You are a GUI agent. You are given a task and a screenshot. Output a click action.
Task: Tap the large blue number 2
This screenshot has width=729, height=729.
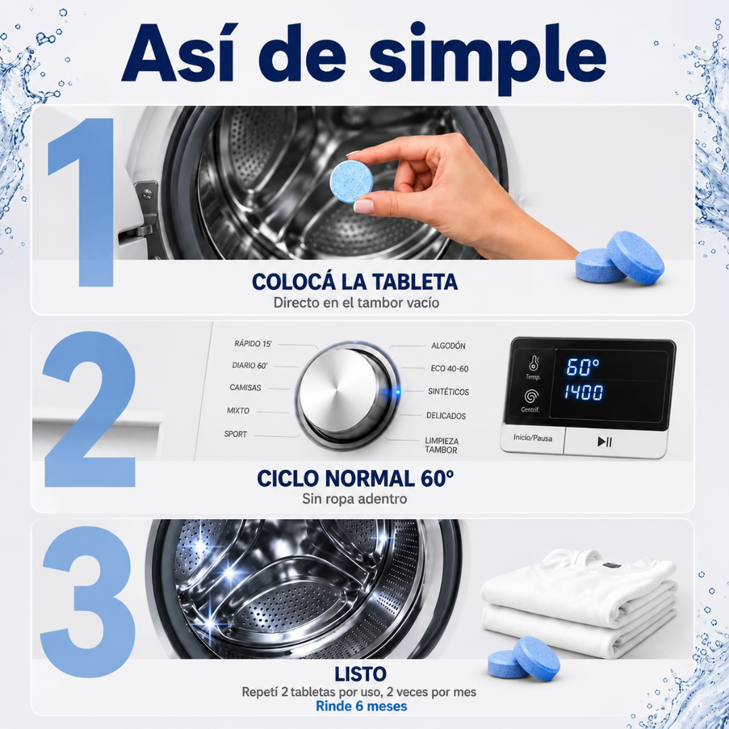point(89,409)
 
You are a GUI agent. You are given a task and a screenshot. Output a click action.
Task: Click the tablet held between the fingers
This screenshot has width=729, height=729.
point(352,182)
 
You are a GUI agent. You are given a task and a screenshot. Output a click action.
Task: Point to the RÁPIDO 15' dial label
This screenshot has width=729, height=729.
point(253,344)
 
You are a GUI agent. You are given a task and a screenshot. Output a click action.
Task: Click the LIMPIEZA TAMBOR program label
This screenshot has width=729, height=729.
point(441,445)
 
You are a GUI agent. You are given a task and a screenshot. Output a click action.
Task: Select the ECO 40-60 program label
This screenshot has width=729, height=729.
point(450,369)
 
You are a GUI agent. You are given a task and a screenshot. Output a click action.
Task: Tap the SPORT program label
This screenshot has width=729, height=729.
point(236,434)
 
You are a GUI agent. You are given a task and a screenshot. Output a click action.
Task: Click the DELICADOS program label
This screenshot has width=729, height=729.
point(446,416)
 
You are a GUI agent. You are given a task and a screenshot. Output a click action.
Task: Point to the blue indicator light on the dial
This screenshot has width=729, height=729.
point(398,392)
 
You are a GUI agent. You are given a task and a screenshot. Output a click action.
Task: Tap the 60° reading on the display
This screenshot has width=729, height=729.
point(583,367)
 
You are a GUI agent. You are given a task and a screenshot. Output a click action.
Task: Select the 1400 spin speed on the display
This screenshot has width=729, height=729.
point(584,392)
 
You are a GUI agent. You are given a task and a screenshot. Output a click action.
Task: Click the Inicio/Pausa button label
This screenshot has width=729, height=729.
point(533,437)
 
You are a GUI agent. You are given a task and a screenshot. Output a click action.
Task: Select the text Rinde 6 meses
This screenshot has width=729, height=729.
point(361,706)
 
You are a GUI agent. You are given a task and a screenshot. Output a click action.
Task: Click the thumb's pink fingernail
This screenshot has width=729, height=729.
point(363,206)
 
